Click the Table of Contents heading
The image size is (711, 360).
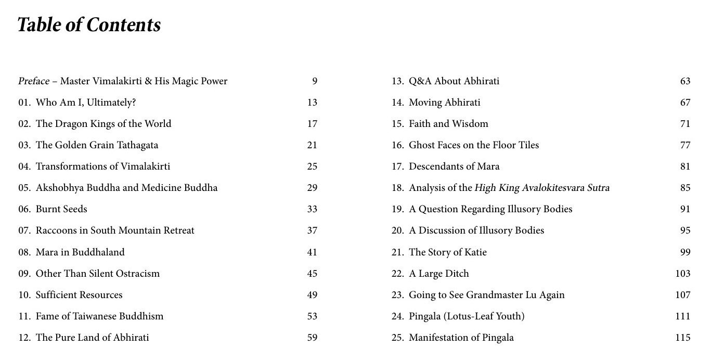[89, 25]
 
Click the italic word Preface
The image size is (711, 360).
[34, 81]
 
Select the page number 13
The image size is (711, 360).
[312, 102]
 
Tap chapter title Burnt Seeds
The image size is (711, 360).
[61, 209]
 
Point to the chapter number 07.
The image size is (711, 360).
[24, 230]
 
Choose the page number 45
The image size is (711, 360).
[312, 274]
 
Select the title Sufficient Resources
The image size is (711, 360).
[79, 295]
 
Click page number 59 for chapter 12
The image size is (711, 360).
[312, 338]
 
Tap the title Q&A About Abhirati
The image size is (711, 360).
[454, 81]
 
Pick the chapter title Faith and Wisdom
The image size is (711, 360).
[448, 124]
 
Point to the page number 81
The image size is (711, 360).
[685, 166]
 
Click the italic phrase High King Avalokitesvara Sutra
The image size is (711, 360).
[542, 188]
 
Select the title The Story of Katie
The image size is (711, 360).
[448, 252]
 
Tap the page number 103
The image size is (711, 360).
[682, 274]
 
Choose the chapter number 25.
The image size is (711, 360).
[397, 338]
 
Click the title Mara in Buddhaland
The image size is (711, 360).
[80, 252]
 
